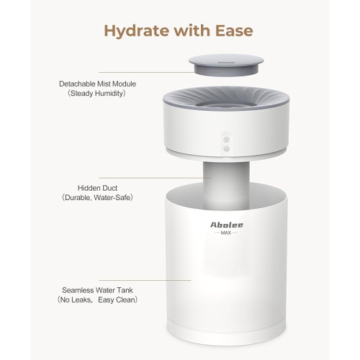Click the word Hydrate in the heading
coord(132,31)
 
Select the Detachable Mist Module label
coord(97,84)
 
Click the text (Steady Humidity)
coord(97,94)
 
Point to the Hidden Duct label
coord(97,186)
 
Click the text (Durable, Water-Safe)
coord(97,197)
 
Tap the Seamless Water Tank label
coord(97,289)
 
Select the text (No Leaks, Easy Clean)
coord(97,300)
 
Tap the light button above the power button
coord(226,139)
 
